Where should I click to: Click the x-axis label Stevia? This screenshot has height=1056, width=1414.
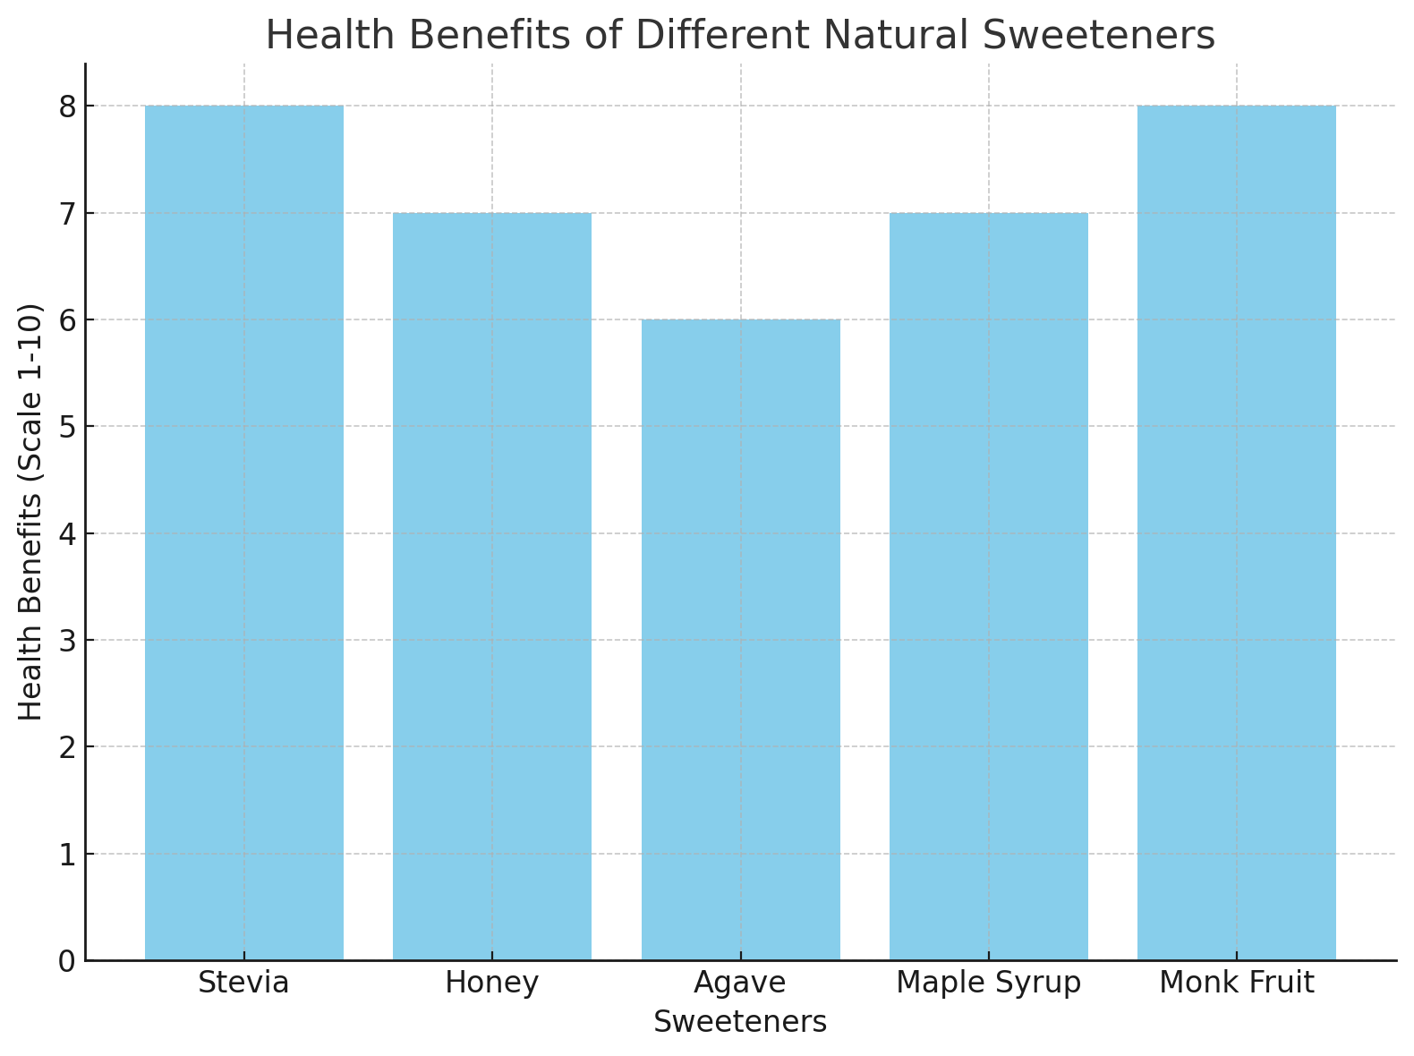(243, 984)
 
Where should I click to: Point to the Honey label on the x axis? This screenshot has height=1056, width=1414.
(491, 984)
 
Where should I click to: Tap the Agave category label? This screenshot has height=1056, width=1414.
(740, 984)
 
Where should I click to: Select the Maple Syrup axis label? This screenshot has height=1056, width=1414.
(988, 984)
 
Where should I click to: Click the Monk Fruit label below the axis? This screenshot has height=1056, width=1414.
(1236, 984)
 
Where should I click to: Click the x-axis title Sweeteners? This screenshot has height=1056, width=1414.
(740, 1022)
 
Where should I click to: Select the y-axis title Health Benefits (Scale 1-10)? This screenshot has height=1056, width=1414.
(31, 512)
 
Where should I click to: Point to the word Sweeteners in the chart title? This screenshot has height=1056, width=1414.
(1099, 36)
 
